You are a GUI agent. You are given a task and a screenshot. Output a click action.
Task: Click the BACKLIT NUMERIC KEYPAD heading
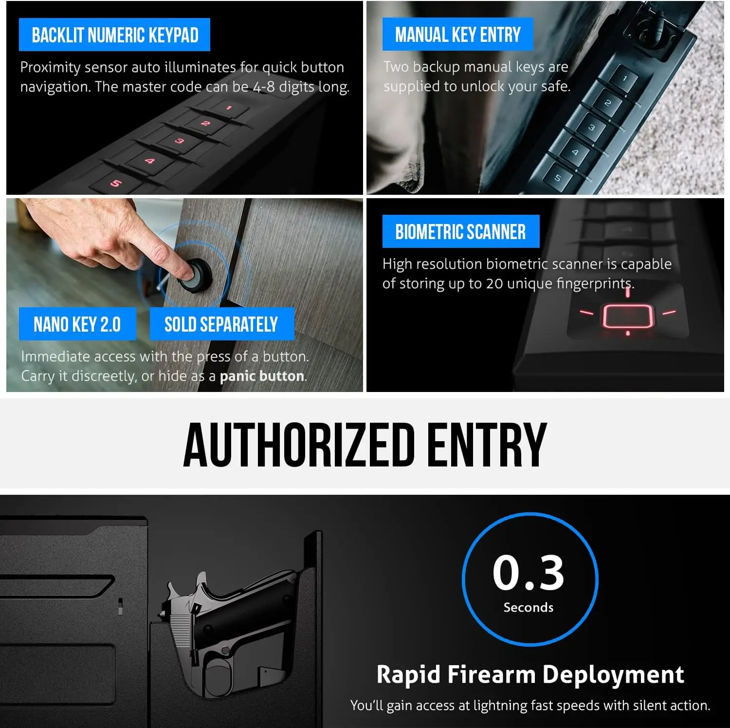point(115,35)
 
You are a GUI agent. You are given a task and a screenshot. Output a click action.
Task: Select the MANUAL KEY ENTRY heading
point(457,35)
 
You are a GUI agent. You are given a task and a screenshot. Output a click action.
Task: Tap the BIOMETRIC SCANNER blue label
point(460,232)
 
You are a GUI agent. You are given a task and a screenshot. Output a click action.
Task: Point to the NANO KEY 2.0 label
point(77,324)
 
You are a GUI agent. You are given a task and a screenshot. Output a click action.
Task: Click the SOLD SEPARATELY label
point(221,324)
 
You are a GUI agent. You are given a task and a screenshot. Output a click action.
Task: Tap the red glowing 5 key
point(115,183)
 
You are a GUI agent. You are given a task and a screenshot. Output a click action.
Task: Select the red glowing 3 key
point(180,141)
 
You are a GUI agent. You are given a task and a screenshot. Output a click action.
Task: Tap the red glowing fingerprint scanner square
point(627,316)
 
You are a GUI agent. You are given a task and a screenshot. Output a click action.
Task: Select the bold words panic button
point(262,376)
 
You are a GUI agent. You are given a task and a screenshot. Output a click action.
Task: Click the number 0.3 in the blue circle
point(529,573)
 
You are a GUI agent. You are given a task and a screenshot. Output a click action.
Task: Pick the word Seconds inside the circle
point(529,607)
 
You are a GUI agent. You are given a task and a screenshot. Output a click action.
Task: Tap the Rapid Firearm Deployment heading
point(530,674)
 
